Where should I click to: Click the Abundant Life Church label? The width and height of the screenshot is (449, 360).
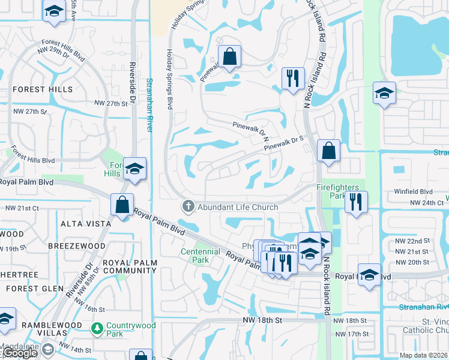point(238,208)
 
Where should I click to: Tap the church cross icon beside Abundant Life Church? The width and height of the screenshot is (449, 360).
point(188,207)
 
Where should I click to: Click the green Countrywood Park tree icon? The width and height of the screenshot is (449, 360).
point(97,329)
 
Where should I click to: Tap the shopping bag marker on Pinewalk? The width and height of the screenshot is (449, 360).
point(229,58)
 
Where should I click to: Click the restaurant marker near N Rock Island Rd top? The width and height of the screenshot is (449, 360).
point(293,79)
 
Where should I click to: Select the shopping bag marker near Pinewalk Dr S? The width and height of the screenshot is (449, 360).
point(329,151)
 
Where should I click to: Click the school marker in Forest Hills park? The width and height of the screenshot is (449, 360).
point(135,170)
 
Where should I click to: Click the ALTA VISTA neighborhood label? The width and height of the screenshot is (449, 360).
point(85,224)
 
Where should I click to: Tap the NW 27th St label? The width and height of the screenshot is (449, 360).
point(109,103)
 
